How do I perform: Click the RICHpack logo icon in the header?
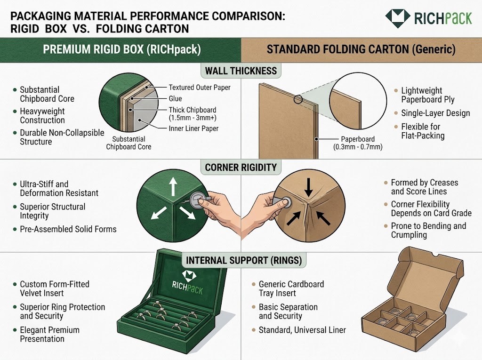click(x=397, y=18)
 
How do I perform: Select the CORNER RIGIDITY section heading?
click(x=241, y=167)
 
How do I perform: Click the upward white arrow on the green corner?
click(x=172, y=186)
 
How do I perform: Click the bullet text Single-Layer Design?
click(x=435, y=113)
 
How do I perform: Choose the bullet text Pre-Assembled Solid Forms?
click(x=68, y=229)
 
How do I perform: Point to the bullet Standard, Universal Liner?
click(x=302, y=330)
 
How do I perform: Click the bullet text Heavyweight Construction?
click(x=42, y=116)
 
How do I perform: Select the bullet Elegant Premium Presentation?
click(x=49, y=334)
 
